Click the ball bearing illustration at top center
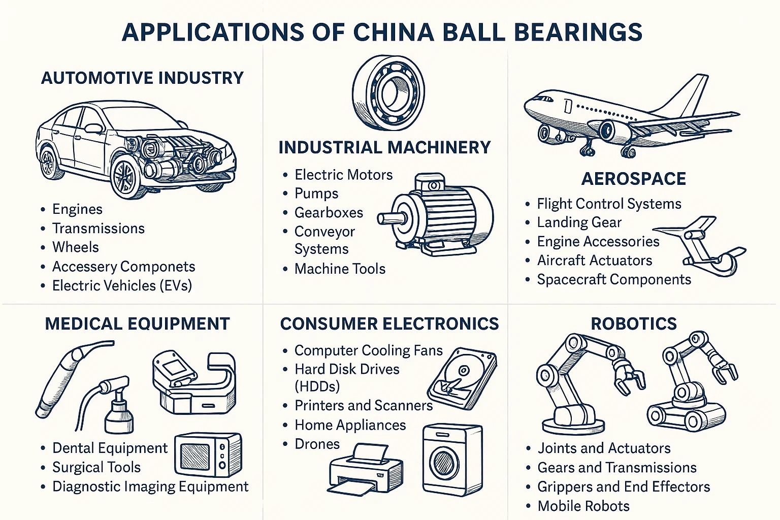(x=389, y=93)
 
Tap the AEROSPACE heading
(x=633, y=179)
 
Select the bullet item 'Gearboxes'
(x=329, y=212)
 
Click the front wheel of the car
(x=125, y=178)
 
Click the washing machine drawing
(x=451, y=460)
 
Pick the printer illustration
(x=365, y=470)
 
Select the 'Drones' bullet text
(x=317, y=444)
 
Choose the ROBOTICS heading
(x=633, y=323)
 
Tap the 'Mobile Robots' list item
(x=583, y=506)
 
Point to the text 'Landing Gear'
(x=579, y=222)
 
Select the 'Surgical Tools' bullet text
(x=96, y=467)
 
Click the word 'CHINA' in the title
(x=394, y=32)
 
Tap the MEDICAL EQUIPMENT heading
(x=137, y=323)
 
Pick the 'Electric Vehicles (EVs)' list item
(x=122, y=285)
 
